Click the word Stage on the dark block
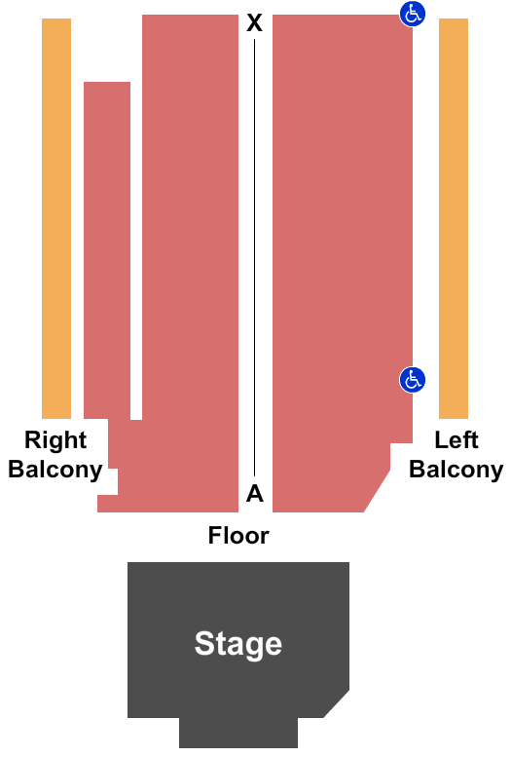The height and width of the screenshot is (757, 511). (237, 644)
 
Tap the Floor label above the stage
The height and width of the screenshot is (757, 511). (238, 536)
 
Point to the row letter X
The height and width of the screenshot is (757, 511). (254, 22)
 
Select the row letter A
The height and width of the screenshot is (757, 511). (255, 493)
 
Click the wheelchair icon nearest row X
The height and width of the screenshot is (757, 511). (412, 14)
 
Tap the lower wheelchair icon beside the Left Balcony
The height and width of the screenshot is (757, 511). (412, 379)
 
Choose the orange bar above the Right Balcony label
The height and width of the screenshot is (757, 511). (56, 218)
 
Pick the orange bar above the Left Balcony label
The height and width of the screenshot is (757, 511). (454, 218)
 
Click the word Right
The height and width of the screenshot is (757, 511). (55, 440)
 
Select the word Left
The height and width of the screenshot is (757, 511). (456, 440)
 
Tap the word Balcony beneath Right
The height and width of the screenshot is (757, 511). (55, 470)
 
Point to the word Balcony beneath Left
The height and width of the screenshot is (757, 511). (456, 470)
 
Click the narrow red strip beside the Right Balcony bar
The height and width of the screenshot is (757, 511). (107, 250)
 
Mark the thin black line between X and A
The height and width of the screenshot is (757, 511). (255, 257)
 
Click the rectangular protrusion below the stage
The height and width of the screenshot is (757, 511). (238, 733)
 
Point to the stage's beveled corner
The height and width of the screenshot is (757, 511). (337, 704)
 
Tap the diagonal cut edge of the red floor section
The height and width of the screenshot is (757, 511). (377, 490)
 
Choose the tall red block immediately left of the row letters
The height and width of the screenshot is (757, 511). (190, 263)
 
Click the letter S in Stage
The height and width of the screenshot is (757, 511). (203, 643)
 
